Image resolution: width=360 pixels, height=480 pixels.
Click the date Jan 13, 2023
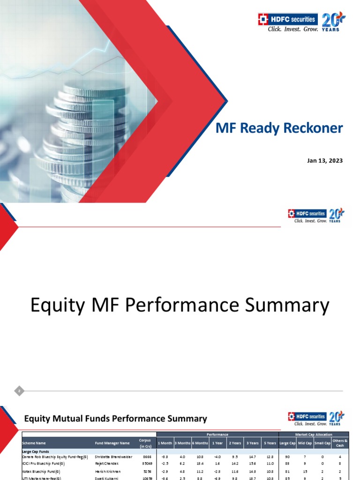[x=325, y=161]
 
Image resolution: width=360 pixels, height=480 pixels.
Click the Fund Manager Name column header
[x=112, y=442]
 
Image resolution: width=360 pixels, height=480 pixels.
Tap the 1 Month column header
[x=165, y=442]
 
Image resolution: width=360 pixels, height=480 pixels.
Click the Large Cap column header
[x=287, y=442]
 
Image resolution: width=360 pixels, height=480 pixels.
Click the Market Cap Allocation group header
[x=314, y=435]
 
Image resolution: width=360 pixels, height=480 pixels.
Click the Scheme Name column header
[x=34, y=442]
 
